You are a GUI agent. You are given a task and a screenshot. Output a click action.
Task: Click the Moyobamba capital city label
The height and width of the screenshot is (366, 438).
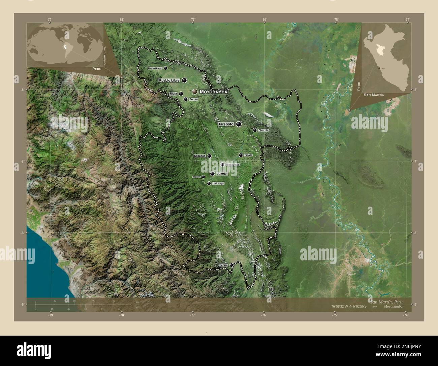pyautogui.click(x=214, y=92)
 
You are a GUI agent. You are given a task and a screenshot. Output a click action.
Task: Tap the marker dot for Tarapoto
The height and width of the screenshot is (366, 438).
pyautogui.click(x=239, y=124)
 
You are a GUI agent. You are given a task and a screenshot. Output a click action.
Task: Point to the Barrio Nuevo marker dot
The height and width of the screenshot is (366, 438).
pyautogui.click(x=165, y=68)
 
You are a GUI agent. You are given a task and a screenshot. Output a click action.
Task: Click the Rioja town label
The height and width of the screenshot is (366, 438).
pyautogui.click(x=174, y=94)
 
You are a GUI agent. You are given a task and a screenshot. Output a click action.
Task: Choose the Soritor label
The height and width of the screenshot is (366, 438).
pyautogui.click(x=194, y=100)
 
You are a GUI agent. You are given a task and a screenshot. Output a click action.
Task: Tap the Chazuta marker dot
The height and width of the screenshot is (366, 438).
pyautogui.click(x=255, y=130)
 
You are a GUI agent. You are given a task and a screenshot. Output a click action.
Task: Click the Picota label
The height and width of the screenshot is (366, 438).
pyautogui.click(x=248, y=155)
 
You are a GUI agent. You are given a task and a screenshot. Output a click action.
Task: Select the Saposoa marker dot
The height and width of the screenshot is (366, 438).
pyautogui.click(x=209, y=156)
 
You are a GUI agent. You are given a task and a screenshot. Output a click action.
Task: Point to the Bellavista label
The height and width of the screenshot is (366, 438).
pyautogui.click(x=233, y=164)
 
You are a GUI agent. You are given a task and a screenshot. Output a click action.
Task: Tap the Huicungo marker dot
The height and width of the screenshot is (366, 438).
pyautogui.click(x=209, y=183)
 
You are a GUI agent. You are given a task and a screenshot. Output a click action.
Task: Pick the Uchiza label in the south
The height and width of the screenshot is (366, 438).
pyautogui.click(x=224, y=265)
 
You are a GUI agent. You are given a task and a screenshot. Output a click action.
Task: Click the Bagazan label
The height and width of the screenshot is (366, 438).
pyautogui.click(x=196, y=177)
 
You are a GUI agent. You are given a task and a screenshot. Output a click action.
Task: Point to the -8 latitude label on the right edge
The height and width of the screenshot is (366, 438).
pyautogui.click(x=416, y=233)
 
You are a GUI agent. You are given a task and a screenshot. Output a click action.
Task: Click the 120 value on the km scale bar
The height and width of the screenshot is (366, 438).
pyautogui.click(x=114, y=300)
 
